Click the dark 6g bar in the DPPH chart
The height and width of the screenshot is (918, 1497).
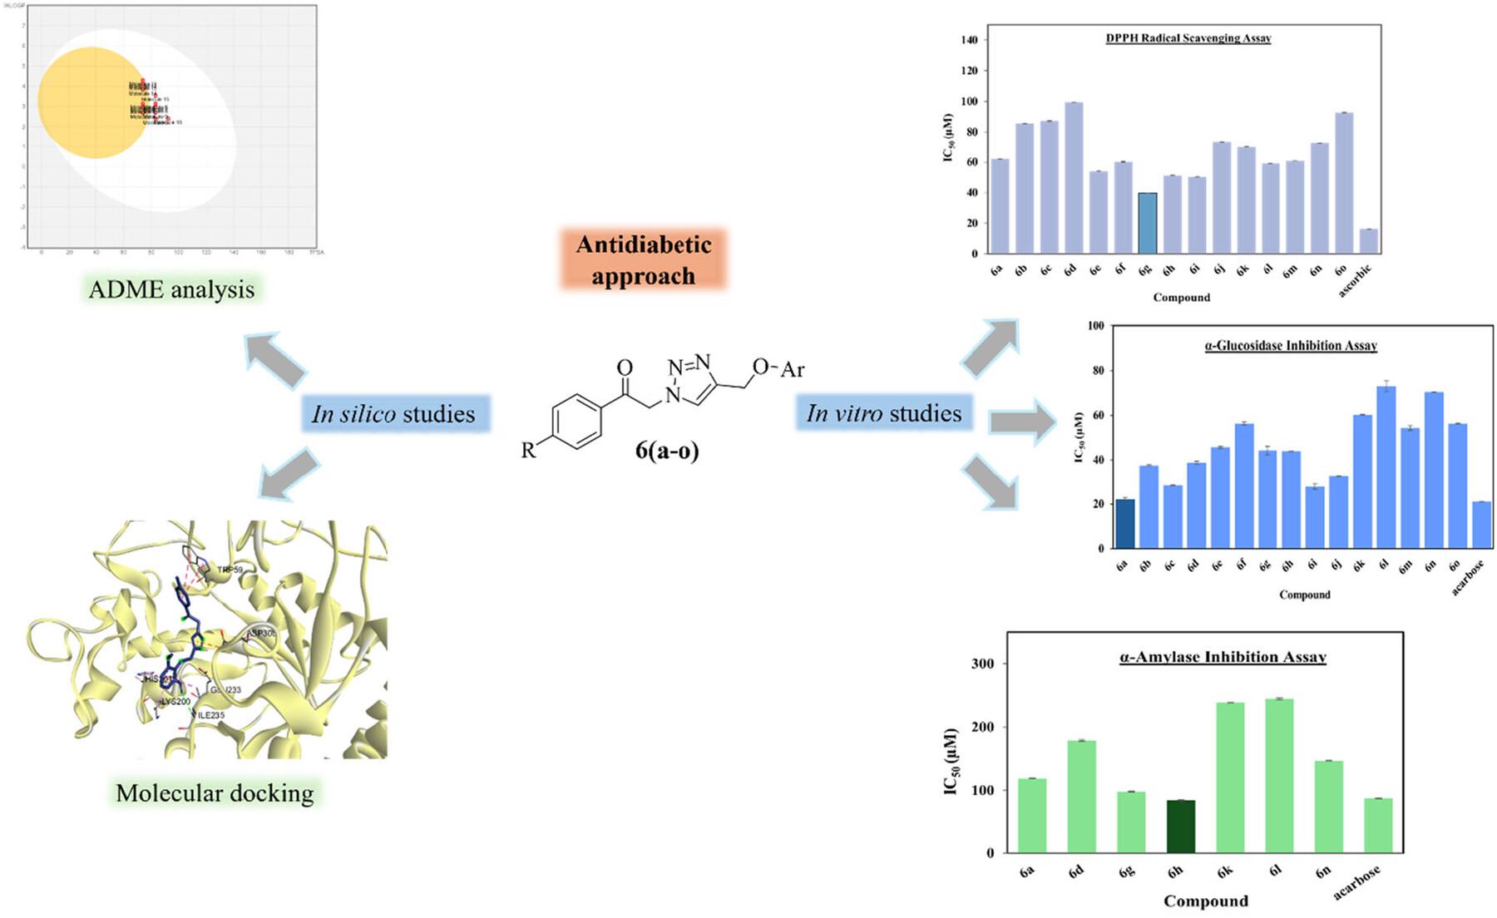coord(1147,223)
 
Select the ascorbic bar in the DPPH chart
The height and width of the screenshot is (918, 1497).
coord(1368,241)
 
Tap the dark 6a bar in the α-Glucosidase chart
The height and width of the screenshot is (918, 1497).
coord(1124,524)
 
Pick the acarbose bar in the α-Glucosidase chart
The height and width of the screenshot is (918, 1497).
coord(1481,525)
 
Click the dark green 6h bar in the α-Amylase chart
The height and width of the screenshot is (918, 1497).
coord(1181,827)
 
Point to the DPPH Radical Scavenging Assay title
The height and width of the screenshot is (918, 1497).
coord(1188,38)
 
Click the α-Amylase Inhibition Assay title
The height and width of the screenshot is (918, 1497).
coord(1223,657)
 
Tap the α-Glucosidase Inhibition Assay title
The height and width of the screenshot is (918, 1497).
coord(1291,345)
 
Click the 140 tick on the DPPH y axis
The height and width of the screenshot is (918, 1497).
coord(968,40)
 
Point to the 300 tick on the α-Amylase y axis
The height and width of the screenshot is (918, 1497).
coord(982,664)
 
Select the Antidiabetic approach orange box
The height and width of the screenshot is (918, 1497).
coord(644,259)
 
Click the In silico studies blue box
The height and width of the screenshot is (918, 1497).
coord(394,413)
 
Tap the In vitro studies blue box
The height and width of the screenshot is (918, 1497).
coord(883,412)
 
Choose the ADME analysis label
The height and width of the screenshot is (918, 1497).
coord(171,289)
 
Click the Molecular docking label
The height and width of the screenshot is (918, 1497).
coord(215,792)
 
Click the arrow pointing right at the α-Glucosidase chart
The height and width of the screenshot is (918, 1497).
coord(1020,422)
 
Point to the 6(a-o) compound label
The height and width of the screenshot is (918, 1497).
coord(667,450)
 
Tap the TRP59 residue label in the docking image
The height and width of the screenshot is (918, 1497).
coord(230,570)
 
